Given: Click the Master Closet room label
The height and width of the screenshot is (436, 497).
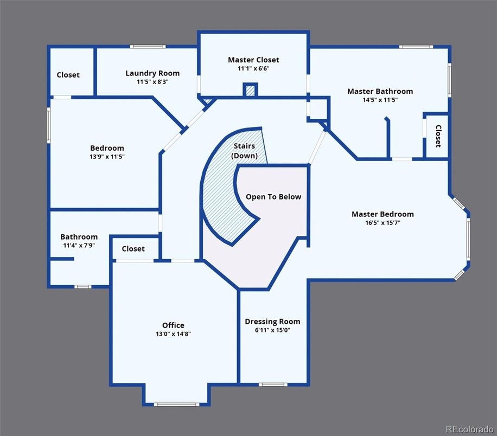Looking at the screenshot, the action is tap(253, 60).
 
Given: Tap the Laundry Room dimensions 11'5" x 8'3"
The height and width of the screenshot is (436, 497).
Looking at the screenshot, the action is tap(152, 82).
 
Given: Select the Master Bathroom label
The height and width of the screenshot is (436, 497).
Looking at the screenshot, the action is tap(380, 91).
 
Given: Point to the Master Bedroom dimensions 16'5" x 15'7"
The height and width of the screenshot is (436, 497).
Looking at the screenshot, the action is tap(383, 223).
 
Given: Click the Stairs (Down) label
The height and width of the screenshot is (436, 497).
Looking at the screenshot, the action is tap(244, 151).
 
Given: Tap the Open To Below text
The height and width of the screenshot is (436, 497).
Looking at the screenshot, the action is tap(273, 197).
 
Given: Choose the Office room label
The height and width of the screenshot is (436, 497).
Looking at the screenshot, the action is tap(173, 325).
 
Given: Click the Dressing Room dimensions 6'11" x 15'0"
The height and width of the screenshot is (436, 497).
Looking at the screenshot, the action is tap(272, 330).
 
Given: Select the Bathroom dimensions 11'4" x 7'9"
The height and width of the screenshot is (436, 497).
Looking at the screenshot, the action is tap(79, 245).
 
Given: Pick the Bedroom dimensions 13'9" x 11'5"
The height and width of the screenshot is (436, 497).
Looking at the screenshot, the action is tap(107, 157).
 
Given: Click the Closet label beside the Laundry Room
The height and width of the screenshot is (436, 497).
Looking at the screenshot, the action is tap(68, 75).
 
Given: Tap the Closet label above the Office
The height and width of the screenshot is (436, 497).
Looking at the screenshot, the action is tap(133, 249).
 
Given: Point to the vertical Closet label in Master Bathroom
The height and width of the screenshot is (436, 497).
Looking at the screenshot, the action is tap(438, 136).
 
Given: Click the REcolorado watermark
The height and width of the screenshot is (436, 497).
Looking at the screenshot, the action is tap(469, 429).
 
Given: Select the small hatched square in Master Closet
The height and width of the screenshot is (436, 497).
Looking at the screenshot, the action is tap(251, 90).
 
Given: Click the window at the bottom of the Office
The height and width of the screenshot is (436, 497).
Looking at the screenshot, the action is tap(176, 405).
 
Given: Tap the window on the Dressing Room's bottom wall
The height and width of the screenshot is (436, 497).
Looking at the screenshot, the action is tap(273, 384).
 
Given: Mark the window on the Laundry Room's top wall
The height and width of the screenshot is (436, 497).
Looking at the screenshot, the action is tap(148, 47).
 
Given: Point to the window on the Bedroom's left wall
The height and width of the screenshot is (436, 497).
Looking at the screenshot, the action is tap(49, 125).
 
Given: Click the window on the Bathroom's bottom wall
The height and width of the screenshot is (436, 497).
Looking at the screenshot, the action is tap(83, 287).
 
